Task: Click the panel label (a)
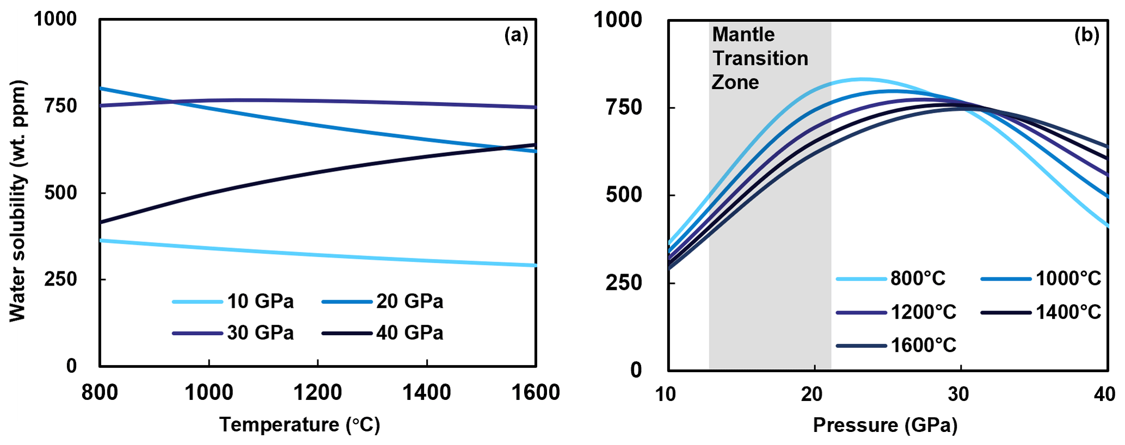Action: coord(516,35)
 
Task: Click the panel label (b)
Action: coord(1086,35)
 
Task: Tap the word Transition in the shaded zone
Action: coord(760,58)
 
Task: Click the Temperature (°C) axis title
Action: coord(299,425)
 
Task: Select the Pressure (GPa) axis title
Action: coord(885,425)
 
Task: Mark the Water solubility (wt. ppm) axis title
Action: coord(17,201)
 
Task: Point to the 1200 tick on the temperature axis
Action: coord(318,392)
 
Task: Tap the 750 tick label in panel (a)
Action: coord(60,106)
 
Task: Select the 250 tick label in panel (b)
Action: coord(624,283)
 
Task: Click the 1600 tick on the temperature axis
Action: coord(536,392)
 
